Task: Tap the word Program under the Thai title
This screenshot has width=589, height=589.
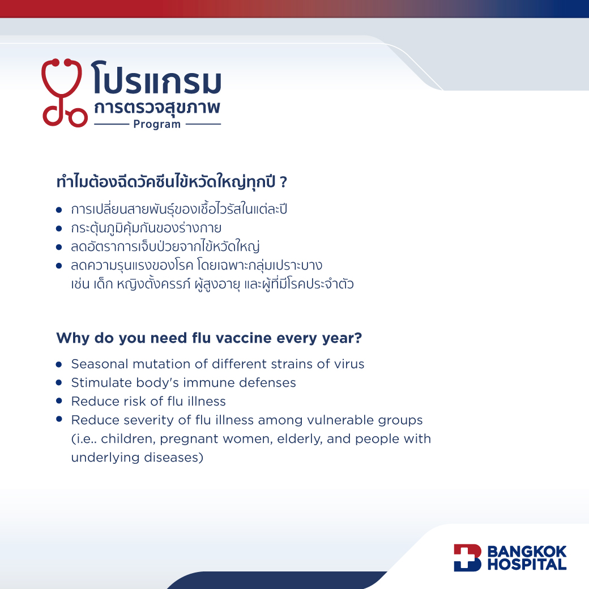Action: click(x=157, y=125)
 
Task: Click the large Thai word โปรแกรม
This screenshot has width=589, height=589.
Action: click(x=156, y=78)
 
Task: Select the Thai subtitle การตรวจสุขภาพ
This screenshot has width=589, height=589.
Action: click(x=157, y=108)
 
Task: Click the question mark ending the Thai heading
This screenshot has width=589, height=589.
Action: click(x=284, y=182)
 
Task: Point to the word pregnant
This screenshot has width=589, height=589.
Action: click(x=189, y=439)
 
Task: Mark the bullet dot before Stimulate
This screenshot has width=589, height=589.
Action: click(x=59, y=382)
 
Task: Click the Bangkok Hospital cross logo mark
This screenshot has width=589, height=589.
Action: click(x=467, y=558)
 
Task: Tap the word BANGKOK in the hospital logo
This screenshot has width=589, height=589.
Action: click(x=527, y=552)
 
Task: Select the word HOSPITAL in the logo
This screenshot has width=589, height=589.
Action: click(x=527, y=565)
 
